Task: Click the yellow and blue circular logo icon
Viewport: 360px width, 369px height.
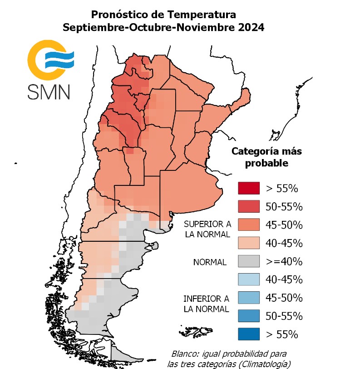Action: click(x=49, y=59)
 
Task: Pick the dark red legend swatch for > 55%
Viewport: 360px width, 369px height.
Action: click(x=248, y=188)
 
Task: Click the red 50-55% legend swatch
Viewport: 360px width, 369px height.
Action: click(x=248, y=206)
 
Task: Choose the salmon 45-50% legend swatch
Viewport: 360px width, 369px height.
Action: click(x=248, y=225)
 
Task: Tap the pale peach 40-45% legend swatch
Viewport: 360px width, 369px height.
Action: click(x=248, y=243)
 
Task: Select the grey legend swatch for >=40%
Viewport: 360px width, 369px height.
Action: click(x=248, y=261)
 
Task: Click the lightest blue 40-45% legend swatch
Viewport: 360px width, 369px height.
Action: click(x=248, y=279)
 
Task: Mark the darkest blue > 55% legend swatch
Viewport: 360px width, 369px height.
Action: click(x=248, y=334)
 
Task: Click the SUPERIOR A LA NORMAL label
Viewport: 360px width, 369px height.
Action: click(x=207, y=229)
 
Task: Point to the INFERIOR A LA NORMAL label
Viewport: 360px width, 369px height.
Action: click(x=206, y=304)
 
